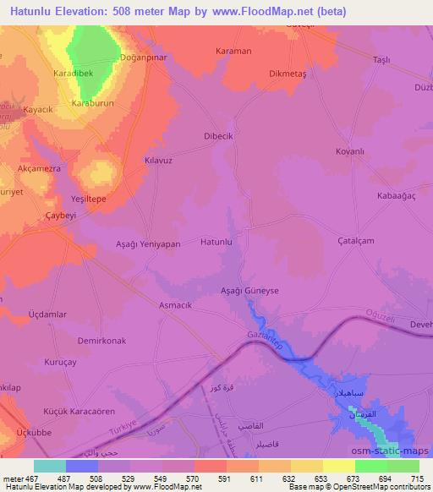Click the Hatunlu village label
pyautogui.click(x=216, y=243)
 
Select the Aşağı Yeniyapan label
pyautogui.click(x=148, y=243)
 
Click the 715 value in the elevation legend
pyautogui.click(x=415, y=479)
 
